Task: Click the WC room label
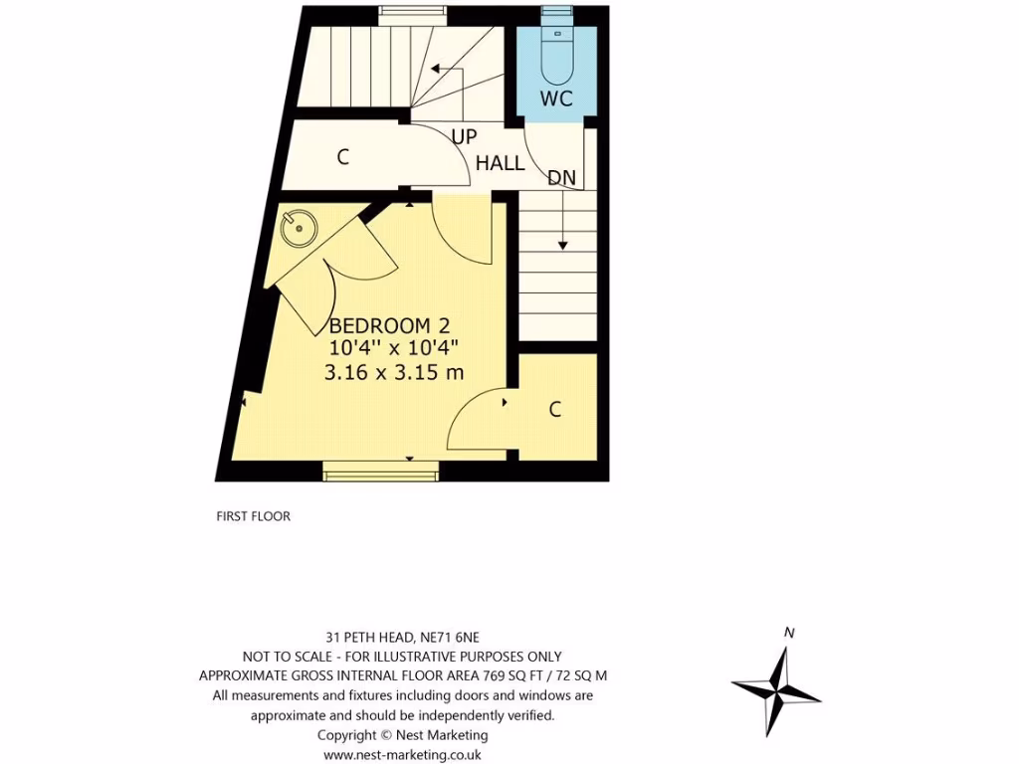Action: tap(556, 98)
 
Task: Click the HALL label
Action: tap(500, 163)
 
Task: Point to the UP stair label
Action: tap(464, 137)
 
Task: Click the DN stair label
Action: tap(562, 178)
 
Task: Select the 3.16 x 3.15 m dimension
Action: tap(394, 372)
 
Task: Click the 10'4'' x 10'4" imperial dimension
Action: tap(394, 348)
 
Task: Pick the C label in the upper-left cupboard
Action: tap(343, 156)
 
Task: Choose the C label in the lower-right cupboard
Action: tap(555, 409)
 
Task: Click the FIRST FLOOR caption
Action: tap(253, 516)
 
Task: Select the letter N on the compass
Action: tap(789, 632)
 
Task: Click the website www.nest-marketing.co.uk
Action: tap(403, 755)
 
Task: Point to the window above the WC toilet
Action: tap(556, 13)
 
